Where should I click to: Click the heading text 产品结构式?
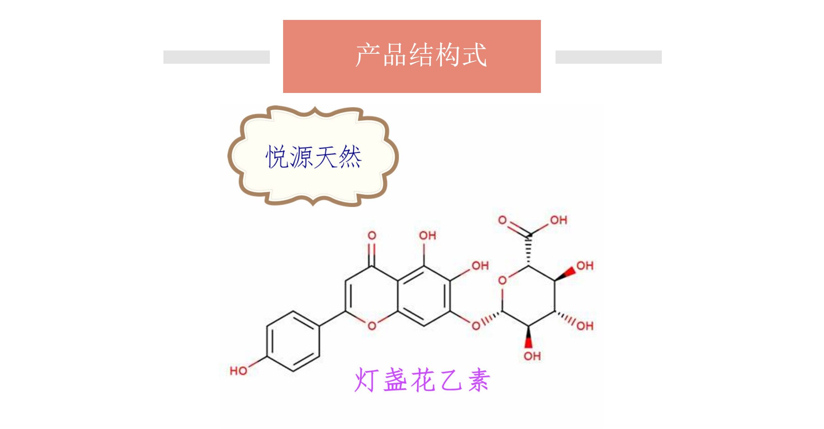coord(421,55)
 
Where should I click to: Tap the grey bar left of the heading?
coord(216,57)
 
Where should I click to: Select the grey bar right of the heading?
coord(608,57)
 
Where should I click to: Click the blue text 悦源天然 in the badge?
coord(313,157)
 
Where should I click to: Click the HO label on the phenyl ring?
coord(238,371)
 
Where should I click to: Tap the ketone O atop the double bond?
coord(372,236)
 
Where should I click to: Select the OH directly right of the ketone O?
coord(427,236)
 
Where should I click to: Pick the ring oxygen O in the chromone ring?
coord(372,326)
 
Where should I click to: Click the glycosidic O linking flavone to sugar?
coord(476,326)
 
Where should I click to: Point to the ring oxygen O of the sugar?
coord(502,281)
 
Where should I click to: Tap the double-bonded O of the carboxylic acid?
coord(502,220)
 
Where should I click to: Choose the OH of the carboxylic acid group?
coord(558,220)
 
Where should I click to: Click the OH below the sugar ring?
coord(532,356)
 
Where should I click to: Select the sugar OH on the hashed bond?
coord(585,326)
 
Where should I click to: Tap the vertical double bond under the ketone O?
coord(372,255)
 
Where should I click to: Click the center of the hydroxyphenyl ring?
coord(293,341)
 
